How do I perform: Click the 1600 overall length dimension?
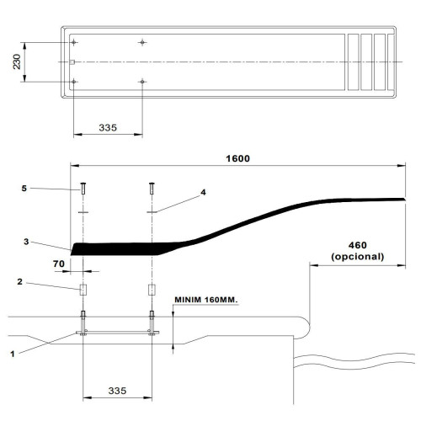tap(237, 158)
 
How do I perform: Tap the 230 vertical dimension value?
tap(17, 61)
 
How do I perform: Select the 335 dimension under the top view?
tap(108, 128)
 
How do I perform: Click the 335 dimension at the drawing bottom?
tap(117, 391)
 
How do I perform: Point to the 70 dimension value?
tap(59, 264)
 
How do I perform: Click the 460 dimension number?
tap(358, 245)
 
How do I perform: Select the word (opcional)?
tap(358, 257)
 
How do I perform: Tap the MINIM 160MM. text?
tap(206, 300)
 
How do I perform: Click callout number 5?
tap(24, 189)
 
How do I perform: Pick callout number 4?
tap(203, 192)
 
